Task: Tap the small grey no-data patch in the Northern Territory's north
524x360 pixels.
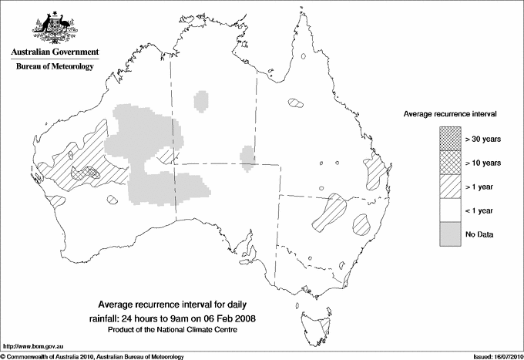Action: click(x=200, y=101)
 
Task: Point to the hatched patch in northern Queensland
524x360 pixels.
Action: click(x=296, y=103)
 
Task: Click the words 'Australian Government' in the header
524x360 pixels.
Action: click(x=55, y=52)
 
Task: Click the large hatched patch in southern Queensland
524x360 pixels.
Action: click(x=330, y=212)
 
